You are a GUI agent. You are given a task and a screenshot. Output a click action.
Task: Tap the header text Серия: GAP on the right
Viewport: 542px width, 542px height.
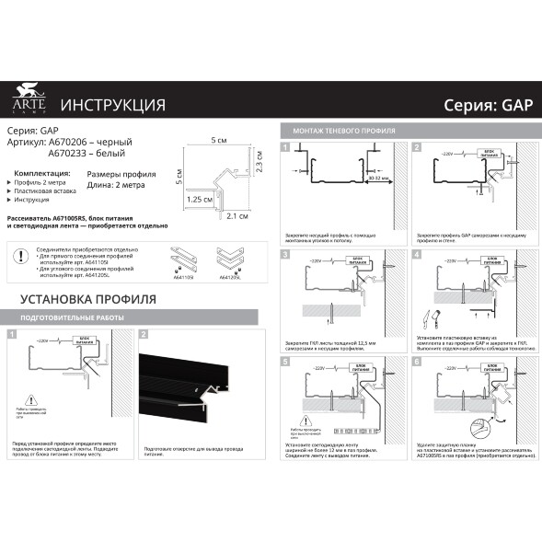tap(482, 104)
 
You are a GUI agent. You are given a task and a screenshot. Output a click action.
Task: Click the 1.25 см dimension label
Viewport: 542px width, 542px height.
tap(200, 198)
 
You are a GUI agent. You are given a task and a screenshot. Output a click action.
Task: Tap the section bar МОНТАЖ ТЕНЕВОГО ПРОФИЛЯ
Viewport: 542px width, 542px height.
tap(343, 131)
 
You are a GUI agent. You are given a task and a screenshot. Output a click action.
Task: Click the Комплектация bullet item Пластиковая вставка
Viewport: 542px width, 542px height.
tap(45, 190)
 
